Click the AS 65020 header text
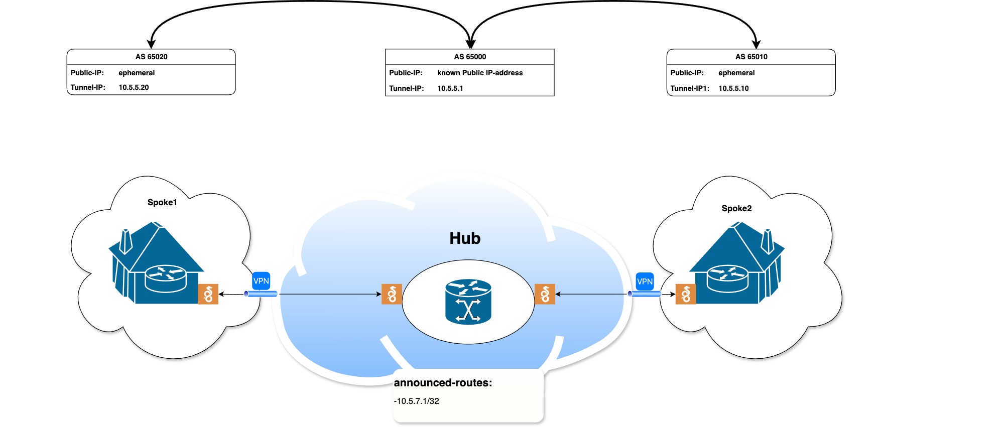click(x=151, y=57)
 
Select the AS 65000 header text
click(x=470, y=57)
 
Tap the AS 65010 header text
click(x=751, y=57)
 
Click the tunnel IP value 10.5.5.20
click(x=134, y=87)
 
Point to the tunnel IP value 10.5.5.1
click(x=450, y=88)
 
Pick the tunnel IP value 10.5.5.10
click(x=733, y=88)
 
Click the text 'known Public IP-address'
click(x=480, y=73)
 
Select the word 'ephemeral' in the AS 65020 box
click(x=137, y=73)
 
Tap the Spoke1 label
click(x=162, y=202)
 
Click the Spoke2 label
click(x=736, y=208)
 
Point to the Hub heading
click(x=465, y=238)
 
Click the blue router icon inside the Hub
click(x=468, y=302)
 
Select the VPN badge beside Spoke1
click(x=261, y=281)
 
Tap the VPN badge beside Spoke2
click(x=645, y=281)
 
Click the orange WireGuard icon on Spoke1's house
click(x=208, y=294)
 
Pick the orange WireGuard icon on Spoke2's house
click(x=686, y=294)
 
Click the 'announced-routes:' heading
click(x=443, y=383)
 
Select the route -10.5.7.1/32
click(x=417, y=401)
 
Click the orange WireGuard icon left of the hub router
click(x=392, y=294)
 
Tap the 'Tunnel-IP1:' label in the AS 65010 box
click(x=690, y=88)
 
